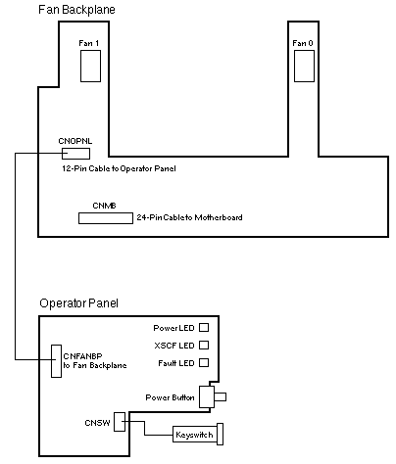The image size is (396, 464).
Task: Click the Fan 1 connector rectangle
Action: click(x=90, y=66)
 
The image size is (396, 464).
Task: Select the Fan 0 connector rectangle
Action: click(x=304, y=66)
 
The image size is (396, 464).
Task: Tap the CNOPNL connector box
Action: click(x=75, y=154)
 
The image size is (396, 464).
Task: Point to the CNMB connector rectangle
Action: click(x=106, y=218)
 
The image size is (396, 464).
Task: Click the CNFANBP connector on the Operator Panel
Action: click(x=56, y=361)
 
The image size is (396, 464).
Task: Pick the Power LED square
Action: click(x=204, y=327)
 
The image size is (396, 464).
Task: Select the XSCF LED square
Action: click(x=204, y=345)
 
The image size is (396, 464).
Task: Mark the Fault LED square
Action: click(x=204, y=362)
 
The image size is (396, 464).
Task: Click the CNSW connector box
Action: click(x=120, y=422)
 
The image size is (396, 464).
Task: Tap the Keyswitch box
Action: click(x=195, y=435)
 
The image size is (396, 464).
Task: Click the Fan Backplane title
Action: click(x=76, y=10)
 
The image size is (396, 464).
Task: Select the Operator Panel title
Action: click(x=78, y=303)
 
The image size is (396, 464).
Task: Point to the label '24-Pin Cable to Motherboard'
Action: click(x=189, y=217)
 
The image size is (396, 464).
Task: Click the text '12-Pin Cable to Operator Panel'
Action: click(x=119, y=168)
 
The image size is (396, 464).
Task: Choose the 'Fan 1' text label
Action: click(x=89, y=43)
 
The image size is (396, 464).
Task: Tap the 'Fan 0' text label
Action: click(x=303, y=43)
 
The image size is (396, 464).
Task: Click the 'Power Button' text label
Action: click(x=170, y=397)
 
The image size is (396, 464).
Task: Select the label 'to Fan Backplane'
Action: click(x=95, y=365)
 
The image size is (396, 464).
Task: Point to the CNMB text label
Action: click(x=104, y=206)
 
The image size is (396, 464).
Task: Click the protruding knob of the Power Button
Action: click(x=221, y=396)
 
